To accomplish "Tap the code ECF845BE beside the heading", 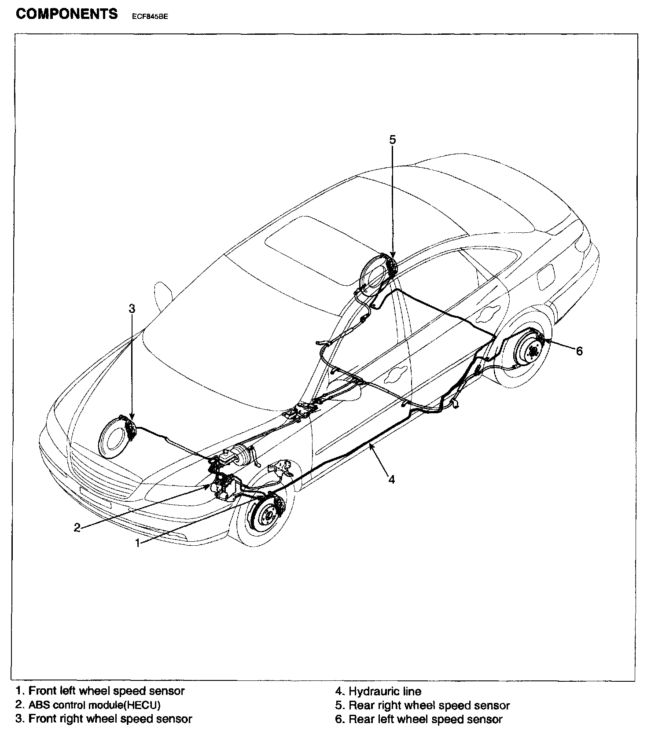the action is click(150, 17).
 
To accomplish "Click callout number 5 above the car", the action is click(393, 140).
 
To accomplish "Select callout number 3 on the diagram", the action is click(132, 309).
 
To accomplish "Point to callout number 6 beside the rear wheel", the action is click(579, 351).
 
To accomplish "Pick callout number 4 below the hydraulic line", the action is click(391, 479).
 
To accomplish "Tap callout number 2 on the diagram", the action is click(77, 527).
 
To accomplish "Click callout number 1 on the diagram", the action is click(138, 543).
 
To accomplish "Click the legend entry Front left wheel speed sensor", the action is click(100, 691).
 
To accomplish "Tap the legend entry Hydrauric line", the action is click(378, 691).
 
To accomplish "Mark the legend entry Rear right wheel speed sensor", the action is click(422, 706).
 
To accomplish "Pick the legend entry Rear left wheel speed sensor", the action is click(419, 720).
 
